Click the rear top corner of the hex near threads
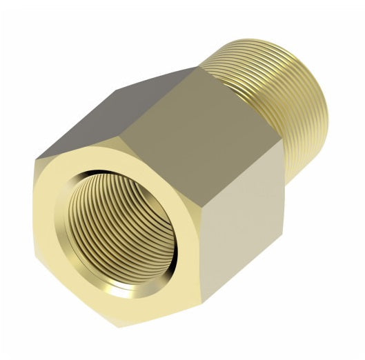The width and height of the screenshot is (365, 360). coord(200,68)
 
